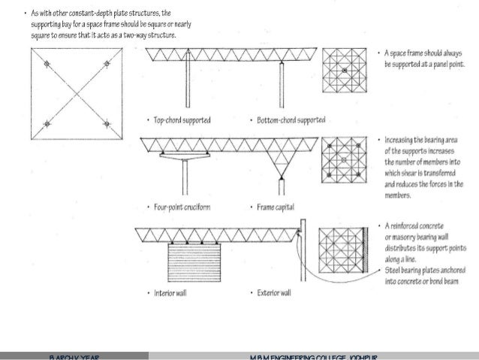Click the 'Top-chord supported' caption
pos(182,119)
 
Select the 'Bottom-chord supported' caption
pos(291,119)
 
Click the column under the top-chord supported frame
pos(184,89)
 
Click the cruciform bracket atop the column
pos(184,156)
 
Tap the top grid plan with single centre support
pos(344,71)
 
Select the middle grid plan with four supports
pos(344,160)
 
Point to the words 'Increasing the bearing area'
pos(420,141)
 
